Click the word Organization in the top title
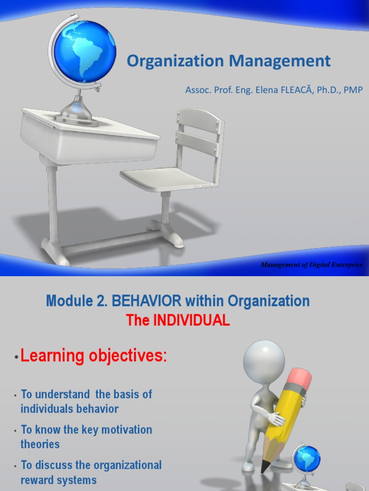tap(175, 61)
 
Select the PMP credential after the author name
tap(353, 90)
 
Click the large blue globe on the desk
tap(85, 51)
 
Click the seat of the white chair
tap(166, 179)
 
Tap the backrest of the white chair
tap(199, 132)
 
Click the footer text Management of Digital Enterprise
tap(311, 265)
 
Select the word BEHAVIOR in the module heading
tap(147, 302)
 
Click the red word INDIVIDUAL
tap(191, 321)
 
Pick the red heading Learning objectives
tap(94, 356)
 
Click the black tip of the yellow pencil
tap(263, 470)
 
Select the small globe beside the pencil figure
tap(306, 458)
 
